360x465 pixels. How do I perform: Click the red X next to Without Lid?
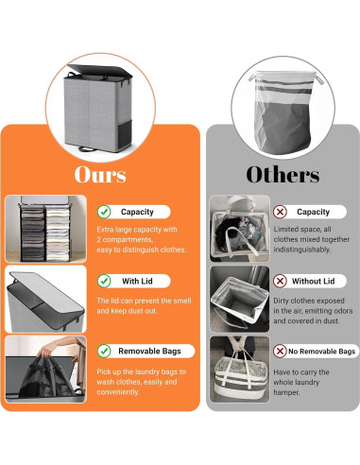pos(281,281)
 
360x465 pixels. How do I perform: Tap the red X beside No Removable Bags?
pos(281,351)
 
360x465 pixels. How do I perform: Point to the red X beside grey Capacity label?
pos(281,213)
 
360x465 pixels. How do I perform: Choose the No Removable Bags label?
pos(322,351)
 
